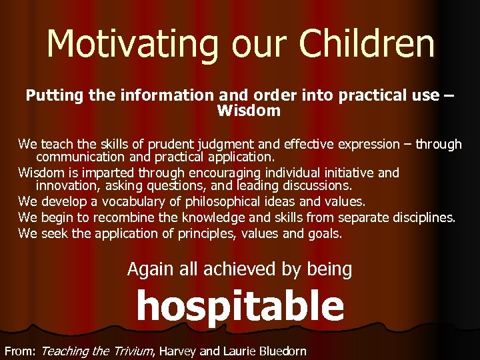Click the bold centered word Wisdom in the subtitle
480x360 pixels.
249,111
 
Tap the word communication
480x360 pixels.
79,158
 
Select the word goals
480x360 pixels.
325,233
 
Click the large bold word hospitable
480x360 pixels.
240,307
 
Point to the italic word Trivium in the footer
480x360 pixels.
130,350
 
